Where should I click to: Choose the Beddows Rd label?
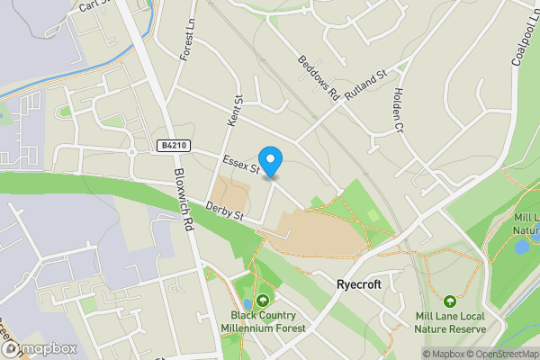click(x=318, y=77)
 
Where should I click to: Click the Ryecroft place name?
click(x=358, y=283)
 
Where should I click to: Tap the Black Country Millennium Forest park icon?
click(x=263, y=301)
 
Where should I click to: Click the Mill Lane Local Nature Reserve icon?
click(x=449, y=301)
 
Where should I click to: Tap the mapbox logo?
click(x=38, y=347)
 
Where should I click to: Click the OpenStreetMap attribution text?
click(x=499, y=354)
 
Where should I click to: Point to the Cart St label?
click(x=93, y=6)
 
